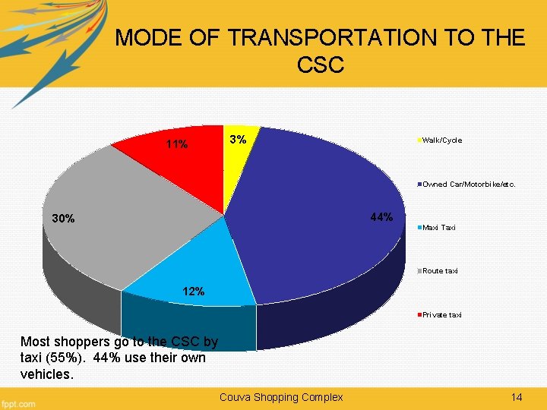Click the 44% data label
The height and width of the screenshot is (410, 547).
click(x=381, y=218)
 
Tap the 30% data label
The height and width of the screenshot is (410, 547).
click(x=63, y=219)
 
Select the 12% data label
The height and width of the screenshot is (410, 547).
click(x=193, y=292)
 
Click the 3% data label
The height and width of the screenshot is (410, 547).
click(x=238, y=140)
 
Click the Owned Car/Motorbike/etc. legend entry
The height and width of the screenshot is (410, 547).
click(x=468, y=184)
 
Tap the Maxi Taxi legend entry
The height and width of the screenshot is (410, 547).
click(x=438, y=227)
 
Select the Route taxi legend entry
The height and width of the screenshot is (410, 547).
click(x=440, y=271)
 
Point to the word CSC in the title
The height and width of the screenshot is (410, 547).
click(x=320, y=65)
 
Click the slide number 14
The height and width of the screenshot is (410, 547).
click(x=517, y=397)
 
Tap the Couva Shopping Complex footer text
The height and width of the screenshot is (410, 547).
click(x=281, y=397)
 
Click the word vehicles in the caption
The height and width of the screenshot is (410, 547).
click(x=48, y=374)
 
